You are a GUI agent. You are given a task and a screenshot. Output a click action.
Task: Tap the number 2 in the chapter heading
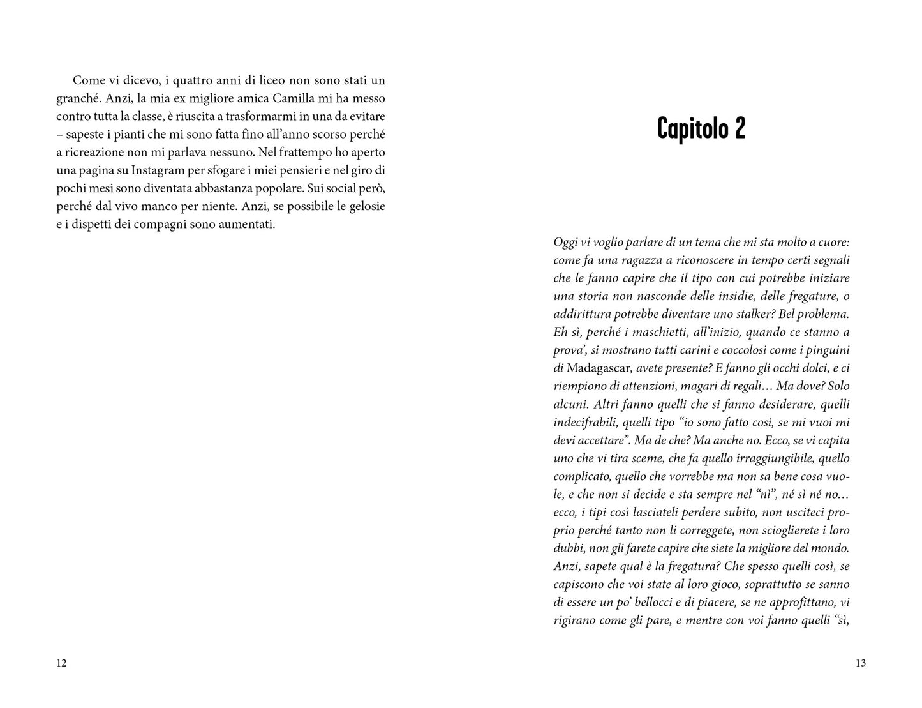(739, 128)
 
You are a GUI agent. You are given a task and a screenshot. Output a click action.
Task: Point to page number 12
(61, 663)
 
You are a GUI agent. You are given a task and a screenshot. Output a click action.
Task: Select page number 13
(860, 663)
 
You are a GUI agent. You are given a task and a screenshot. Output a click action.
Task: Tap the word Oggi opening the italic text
(565, 242)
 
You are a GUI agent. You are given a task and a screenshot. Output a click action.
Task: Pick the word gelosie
(366, 207)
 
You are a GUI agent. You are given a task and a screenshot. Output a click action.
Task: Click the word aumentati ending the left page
(247, 225)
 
